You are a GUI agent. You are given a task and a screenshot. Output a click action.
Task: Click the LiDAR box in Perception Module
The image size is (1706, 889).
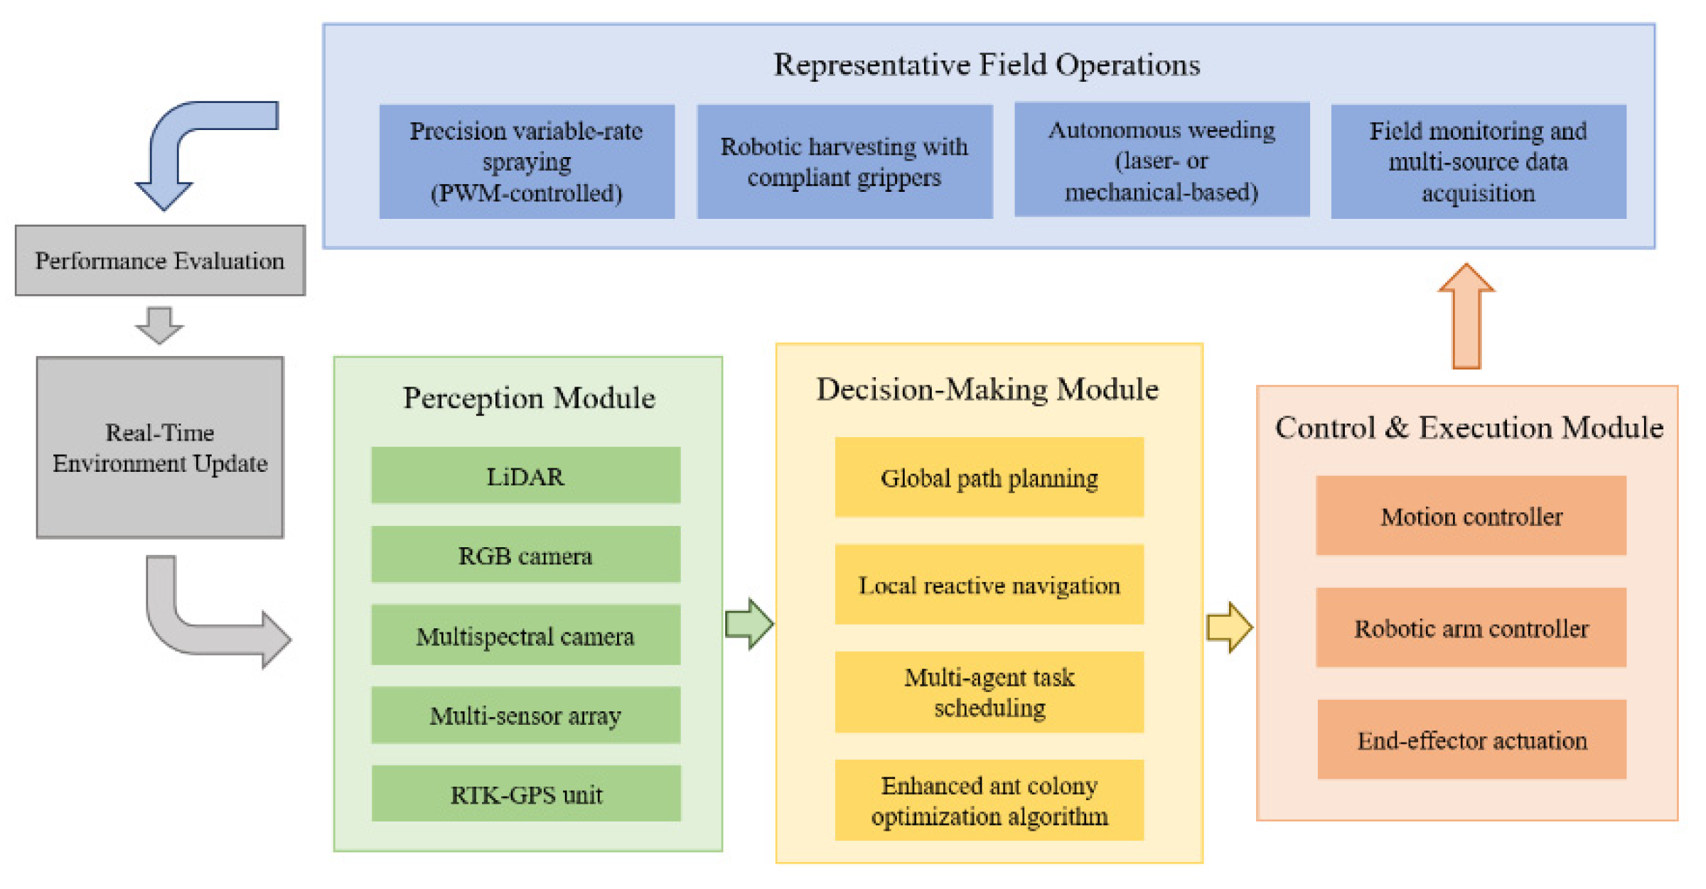(x=525, y=475)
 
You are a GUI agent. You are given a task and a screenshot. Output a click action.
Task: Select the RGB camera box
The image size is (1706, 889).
(x=525, y=555)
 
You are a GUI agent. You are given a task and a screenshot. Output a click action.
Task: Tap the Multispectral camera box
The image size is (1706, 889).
(x=525, y=635)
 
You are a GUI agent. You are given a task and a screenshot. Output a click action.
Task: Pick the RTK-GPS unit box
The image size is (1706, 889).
(x=525, y=794)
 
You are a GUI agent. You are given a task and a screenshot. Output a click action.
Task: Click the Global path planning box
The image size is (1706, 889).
(x=989, y=478)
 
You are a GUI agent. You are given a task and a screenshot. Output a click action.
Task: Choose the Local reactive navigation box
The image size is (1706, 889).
(x=989, y=585)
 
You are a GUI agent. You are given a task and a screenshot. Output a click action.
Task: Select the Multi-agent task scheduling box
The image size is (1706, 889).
(x=989, y=692)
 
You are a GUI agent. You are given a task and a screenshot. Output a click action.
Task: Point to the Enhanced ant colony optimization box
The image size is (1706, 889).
(x=989, y=800)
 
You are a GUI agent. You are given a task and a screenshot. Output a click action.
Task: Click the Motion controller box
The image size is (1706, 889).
(x=1471, y=516)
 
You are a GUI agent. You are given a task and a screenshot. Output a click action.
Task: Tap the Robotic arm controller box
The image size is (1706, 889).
(x=1471, y=627)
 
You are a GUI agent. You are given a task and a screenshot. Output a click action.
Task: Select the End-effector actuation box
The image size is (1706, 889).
(x=1471, y=740)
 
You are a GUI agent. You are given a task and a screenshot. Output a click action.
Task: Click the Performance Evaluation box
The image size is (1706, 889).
(x=160, y=261)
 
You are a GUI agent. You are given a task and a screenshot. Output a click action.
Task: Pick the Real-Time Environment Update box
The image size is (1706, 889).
(x=160, y=448)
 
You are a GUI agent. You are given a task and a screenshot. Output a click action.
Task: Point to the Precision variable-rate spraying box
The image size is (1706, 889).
(x=527, y=161)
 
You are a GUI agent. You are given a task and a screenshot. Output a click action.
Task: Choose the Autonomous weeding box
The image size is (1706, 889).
(x=1162, y=160)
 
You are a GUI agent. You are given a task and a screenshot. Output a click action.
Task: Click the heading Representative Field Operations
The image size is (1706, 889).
(x=987, y=65)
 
